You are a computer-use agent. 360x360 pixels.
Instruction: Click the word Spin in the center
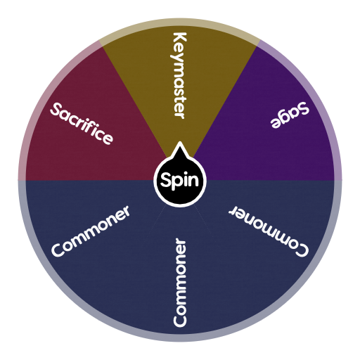(x=180, y=181)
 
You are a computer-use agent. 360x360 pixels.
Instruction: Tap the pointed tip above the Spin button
(x=180, y=146)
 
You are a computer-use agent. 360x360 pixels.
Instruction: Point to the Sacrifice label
(x=81, y=123)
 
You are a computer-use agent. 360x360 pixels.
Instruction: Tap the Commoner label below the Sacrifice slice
(x=91, y=231)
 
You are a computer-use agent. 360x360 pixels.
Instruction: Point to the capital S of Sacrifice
(x=56, y=109)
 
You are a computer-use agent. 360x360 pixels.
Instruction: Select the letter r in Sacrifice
(x=79, y=122)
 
